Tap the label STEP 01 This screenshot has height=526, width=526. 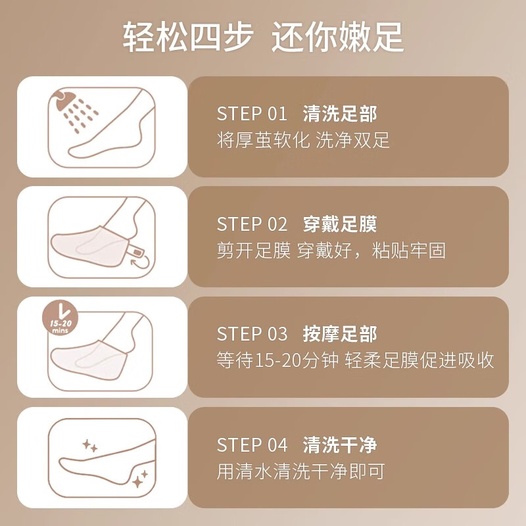point(252,113)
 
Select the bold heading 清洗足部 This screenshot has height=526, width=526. point(340,113)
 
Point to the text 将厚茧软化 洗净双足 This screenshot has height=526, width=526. point(303,140)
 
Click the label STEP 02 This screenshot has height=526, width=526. point(252,224)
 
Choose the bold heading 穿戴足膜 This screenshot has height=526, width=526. point(340,224)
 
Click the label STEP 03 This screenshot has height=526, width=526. point(252,334)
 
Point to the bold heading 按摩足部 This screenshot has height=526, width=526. point(340,334)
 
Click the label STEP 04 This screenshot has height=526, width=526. point(252,445)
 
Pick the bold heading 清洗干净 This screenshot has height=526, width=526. point(340,445)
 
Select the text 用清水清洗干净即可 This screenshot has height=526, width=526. point(300,471)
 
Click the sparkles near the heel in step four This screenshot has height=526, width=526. point(139,479)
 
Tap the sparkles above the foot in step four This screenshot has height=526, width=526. point(90,446)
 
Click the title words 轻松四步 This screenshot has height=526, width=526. point(188,37)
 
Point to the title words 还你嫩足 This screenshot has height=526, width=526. point(337,37)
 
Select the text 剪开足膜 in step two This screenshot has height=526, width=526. point(254,251)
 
